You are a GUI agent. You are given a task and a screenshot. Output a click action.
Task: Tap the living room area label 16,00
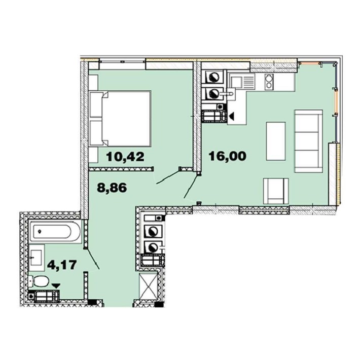[228, 156]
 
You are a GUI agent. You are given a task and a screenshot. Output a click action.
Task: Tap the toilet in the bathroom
[39, 280]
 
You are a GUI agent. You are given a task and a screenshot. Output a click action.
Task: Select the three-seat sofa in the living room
[309, 141]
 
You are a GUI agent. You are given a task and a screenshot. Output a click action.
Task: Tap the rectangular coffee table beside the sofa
[276, 140]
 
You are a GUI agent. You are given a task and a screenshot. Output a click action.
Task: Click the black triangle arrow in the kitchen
[232, 117]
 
